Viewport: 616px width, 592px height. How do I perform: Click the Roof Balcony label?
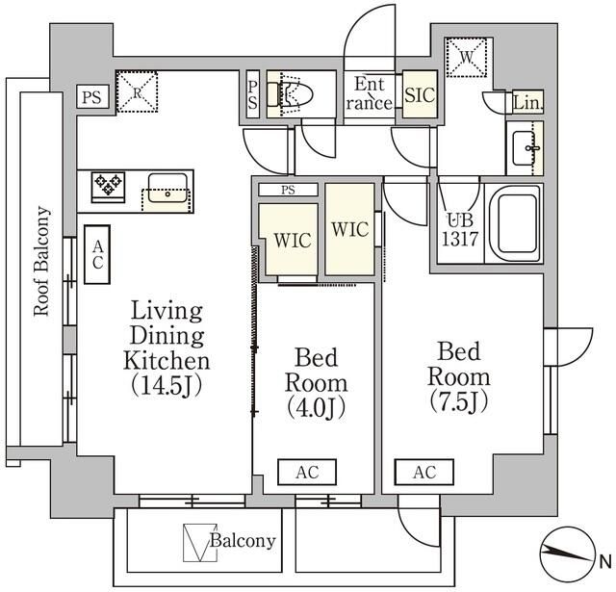[x=41, y=261]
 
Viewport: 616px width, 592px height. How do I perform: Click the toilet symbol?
[x=288, y=94]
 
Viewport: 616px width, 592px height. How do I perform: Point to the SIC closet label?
[x=419, y=96]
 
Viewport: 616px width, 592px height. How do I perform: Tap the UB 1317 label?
[x=459, y=231]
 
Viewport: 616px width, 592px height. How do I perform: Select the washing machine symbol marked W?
[x=469, y=58]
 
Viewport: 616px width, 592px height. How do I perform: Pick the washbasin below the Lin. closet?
[x=526, y=148]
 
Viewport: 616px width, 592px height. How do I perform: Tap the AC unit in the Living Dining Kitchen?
[x=98, y=255]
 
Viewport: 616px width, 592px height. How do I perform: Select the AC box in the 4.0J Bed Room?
[x=307, y=472]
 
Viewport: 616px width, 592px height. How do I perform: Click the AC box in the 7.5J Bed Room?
[x=423, y=472]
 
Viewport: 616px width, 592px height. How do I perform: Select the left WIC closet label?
[x=292, y=241]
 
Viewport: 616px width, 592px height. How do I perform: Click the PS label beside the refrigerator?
[x=91, y=96]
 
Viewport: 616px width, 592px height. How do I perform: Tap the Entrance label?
[x=371, y=93]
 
